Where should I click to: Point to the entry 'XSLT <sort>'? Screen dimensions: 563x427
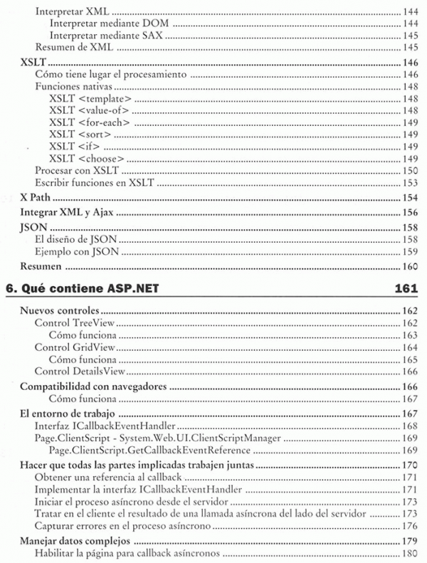pyautogui.click(x=81, y=134)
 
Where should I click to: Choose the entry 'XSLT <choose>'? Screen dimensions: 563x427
pyautogui.click(x=88, y=158)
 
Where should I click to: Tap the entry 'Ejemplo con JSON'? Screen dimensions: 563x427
pyautogui.click(x=76, y=251)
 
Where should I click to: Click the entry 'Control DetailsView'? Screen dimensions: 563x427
pyautogui.click(x=80, y=372)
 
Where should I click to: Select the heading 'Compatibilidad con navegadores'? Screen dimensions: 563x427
pyautogui.click(x=93, y=386)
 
